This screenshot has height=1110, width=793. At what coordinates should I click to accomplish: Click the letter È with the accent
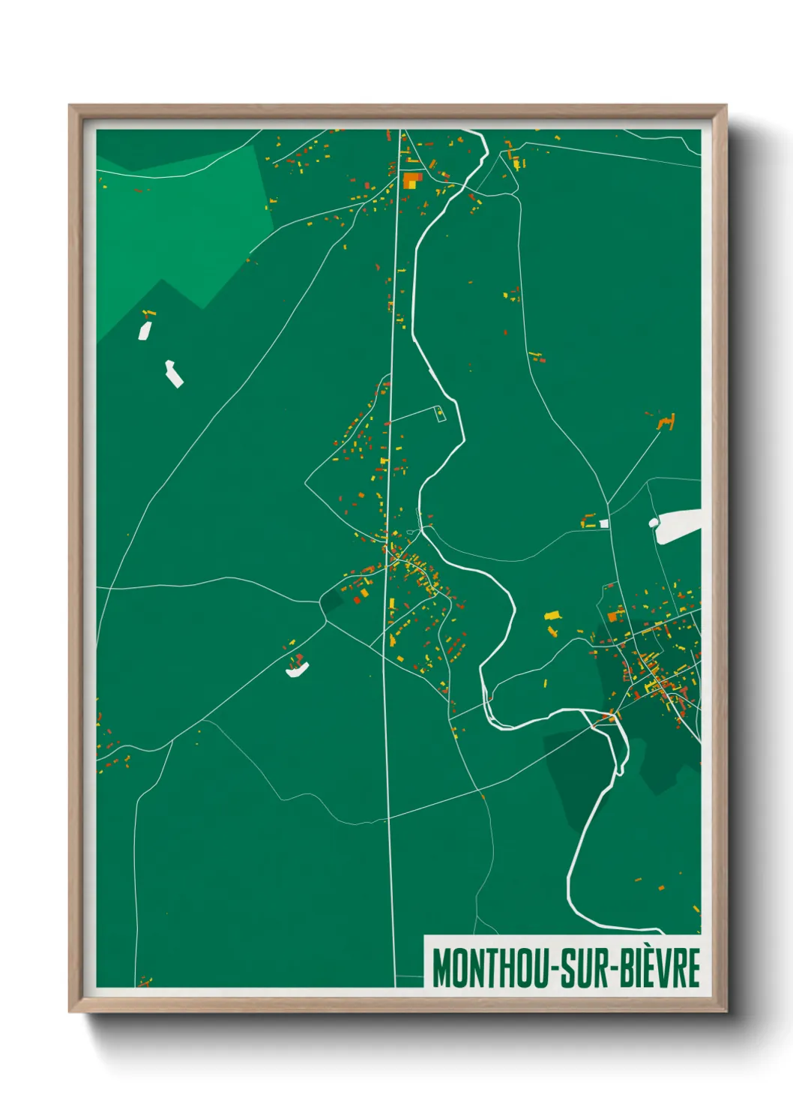[x=651, y=967]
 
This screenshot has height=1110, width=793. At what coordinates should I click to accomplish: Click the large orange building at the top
[x=411, y=180]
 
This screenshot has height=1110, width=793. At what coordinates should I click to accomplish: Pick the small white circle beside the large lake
[x=654, y=521]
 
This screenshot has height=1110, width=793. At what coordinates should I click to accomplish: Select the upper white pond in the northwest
[x=144, y=330]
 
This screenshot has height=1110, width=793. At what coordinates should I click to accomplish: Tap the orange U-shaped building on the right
[x=666, y=422]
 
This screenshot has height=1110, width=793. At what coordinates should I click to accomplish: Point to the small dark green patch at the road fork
[x=331, y=600]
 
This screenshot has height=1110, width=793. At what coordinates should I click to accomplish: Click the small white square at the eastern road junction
[x=603, y=523]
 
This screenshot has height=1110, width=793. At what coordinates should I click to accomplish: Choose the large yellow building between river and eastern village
[x=553, y=616]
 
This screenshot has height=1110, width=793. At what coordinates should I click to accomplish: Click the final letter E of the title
[x=693, y=967]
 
